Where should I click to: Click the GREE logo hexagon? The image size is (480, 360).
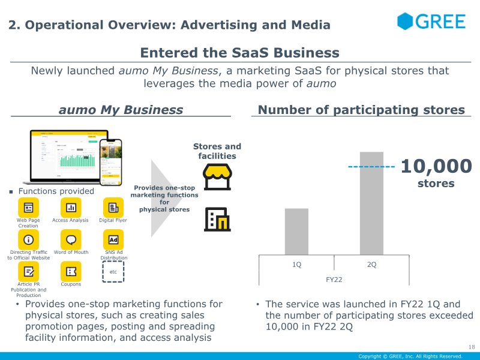pos(406,21)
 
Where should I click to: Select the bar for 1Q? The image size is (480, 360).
pos(296,232)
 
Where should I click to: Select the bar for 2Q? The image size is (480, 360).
pos(371,203)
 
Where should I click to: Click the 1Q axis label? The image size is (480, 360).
pos(296,265)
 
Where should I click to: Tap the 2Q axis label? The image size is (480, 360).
pos(371,265)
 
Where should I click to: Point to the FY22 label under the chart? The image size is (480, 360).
pos(334,279)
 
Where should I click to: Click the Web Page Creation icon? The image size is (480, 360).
pos(28,208)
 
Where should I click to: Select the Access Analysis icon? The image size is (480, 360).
pos(71,208)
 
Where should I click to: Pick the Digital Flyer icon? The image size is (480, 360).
pos(113,208)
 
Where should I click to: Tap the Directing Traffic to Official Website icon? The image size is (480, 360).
pos(28,240)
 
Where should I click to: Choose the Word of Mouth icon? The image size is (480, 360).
pos(71,240)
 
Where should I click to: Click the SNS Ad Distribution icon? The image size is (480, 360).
pos(113,240)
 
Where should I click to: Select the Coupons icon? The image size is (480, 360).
pos(71,272)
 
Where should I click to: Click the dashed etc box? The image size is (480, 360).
pos(113,272)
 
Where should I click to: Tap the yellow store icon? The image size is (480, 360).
pos(217,176)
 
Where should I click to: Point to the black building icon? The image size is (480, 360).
pos(217,220)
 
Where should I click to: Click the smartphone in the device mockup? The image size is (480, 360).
pos(110,160)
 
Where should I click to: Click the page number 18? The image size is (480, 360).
pos(470,347)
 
